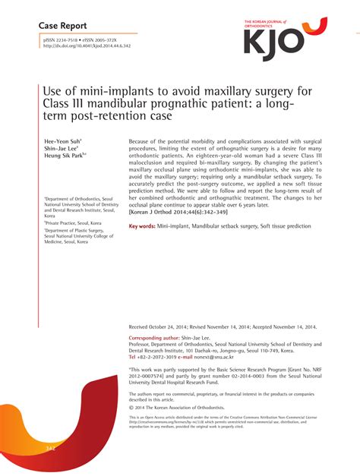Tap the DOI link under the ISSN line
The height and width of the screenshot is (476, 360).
pos(87,46)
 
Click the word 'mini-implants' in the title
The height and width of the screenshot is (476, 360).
pos(109,92)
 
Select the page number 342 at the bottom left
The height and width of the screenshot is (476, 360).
pos(51,449)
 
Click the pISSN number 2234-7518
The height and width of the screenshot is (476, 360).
pos(67,39)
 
